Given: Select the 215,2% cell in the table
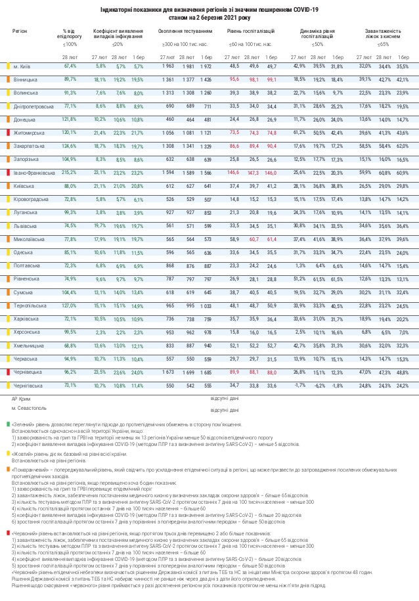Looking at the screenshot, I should (70, 171).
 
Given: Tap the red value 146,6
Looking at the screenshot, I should (233, 171).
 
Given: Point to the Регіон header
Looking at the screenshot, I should (20, 31).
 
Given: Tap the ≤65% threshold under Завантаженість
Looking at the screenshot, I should (384, 45).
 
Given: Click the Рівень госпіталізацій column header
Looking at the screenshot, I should (251, 31).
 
